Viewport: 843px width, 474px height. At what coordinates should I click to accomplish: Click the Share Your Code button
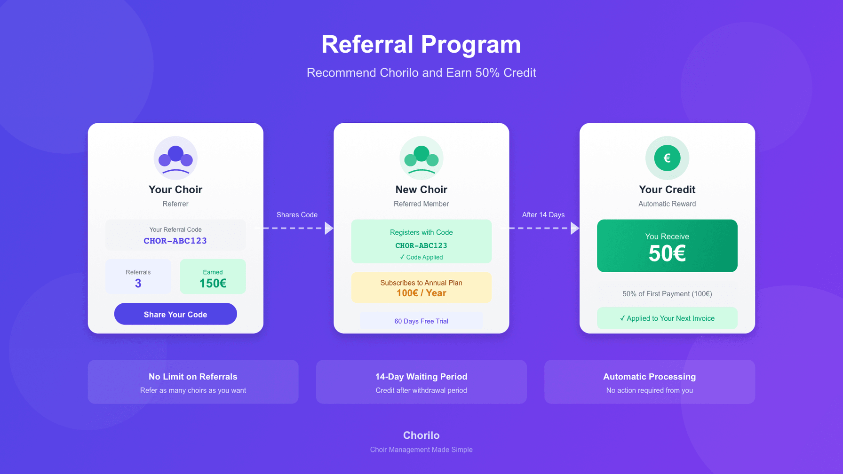point(175,314)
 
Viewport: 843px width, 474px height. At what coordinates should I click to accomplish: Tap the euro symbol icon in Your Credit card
point(667,158)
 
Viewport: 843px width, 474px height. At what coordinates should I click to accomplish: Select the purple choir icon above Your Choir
point(175,158)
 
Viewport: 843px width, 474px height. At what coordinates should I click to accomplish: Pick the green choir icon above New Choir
point(421,158)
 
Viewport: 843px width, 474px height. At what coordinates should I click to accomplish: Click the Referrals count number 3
point(138,284)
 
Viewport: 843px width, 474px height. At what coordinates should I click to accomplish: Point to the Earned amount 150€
point(213,284)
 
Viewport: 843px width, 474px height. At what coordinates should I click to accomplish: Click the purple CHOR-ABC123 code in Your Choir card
point(175,241)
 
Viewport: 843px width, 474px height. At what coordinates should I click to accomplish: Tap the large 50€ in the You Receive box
point(667,253)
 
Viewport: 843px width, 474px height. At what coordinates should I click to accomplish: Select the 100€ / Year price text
point(421,293)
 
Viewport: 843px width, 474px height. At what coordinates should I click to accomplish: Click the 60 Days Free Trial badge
point(421,321)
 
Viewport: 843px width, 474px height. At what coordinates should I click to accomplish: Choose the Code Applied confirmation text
point(421,257)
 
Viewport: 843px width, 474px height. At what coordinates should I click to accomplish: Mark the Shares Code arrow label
point(297,215)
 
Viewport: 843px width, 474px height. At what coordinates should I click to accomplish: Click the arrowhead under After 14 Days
point(574,229)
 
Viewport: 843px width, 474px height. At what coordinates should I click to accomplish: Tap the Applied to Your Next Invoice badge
point(667,318)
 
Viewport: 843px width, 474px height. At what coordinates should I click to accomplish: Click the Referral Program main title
point(421,45)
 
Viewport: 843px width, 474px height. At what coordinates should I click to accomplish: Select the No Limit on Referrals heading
point(193,377)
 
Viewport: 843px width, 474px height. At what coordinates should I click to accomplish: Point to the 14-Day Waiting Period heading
point(421,377)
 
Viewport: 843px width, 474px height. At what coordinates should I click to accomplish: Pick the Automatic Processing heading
point(649,377)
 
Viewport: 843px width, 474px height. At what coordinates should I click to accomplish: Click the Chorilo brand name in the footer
point(421,435)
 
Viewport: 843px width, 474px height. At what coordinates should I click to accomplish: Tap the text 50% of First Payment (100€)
point(667,294)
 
